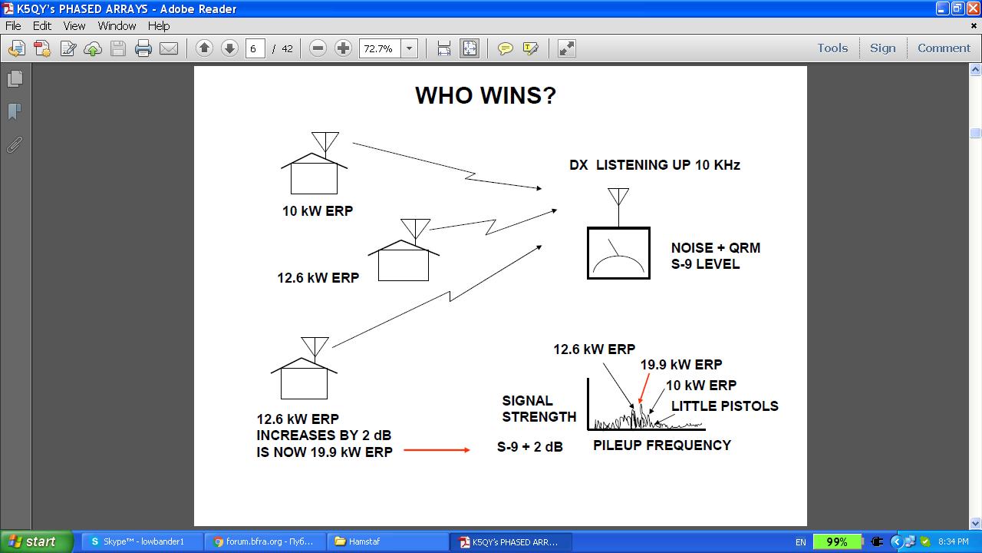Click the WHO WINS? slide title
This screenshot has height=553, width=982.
click(x=486, y=95)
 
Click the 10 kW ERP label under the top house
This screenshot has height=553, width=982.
click(x=318, y=210)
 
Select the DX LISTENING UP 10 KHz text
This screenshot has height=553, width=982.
click(x=654, y=164)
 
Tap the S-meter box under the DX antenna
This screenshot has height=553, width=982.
click(x=618, y=253)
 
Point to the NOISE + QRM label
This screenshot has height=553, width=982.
click(x=716, y=247)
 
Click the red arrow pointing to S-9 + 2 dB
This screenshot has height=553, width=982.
click(x=437, y=450)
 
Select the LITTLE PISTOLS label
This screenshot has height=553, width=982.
click(x=725, y=406)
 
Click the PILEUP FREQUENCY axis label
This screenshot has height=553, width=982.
click(x=662, y=445)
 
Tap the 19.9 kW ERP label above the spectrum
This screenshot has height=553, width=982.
click(x=680, y=364)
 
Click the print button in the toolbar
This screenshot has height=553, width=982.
click(x=143, y=48)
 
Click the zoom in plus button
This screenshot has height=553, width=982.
click(x=343, y=48)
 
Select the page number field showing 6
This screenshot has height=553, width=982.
click(x=255, y=48)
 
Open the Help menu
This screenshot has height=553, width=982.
click(x=159, y=26)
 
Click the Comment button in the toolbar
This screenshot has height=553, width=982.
click(x=944, y=48)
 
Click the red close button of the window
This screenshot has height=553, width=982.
click(x=974, y=8)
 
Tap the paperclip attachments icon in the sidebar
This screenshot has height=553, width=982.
click(x=15, y=145)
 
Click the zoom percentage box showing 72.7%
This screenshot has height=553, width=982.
click(x=380, y=48)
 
